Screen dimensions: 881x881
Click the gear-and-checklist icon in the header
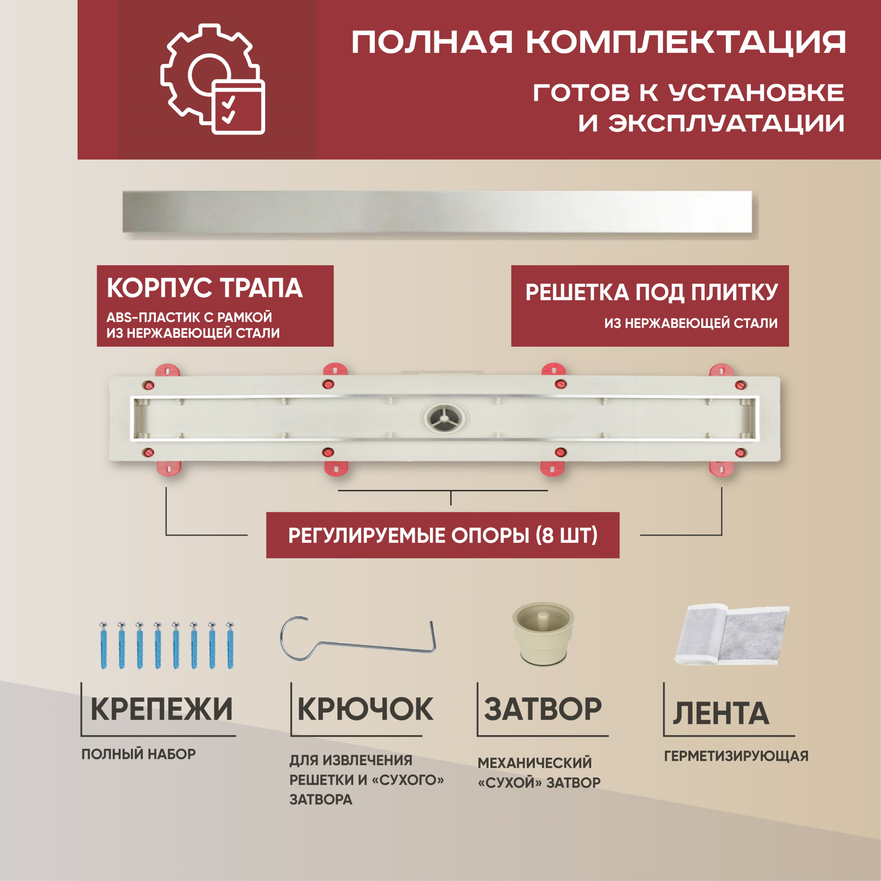(x=212, y=79)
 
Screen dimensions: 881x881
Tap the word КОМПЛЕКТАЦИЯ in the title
(x=686, y=42)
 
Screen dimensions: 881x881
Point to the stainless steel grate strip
(x=437, y=212)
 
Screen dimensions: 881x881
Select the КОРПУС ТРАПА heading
(x=205, y=288)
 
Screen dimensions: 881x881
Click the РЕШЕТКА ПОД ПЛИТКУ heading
(x=651, y=292)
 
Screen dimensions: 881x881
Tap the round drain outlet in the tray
(x=444, y=418)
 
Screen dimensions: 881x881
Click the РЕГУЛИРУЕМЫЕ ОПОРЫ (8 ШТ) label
(x=443, y=535)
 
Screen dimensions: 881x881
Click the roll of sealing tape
(x=731, y=635)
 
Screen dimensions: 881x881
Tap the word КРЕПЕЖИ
(x=161, y=710)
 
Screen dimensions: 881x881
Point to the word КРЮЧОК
(x=365, y=710)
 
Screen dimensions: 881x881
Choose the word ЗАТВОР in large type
(x=543, y=710)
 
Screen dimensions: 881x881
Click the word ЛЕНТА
(x=721, y=713)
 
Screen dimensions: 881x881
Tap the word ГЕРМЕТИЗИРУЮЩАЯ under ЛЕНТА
(x=736, y=756)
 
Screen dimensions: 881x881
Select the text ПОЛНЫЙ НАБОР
(x=139, y=754)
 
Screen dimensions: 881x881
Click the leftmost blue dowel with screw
(x=104, y=645)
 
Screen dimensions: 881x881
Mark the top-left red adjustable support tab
(x=167, y=370)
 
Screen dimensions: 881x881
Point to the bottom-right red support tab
(x=722, y=469)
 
